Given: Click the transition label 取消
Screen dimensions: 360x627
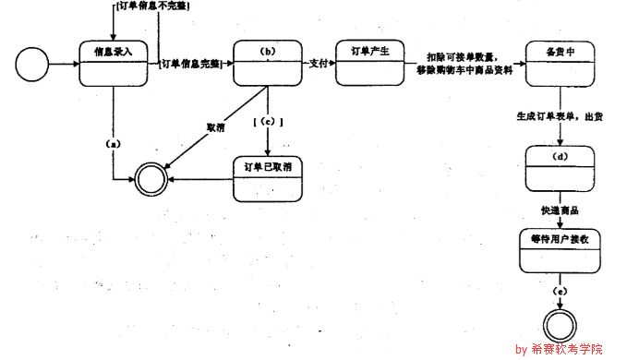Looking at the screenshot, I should pos(216,126).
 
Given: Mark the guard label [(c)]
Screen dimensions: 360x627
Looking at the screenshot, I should pos(267,121).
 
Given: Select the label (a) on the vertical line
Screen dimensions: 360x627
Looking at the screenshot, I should pos(113,144).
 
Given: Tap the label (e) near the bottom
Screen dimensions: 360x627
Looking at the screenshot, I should pos(560,292).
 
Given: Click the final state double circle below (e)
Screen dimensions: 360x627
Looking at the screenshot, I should pos(560,325).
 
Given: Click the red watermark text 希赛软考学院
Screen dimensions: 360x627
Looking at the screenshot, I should pos(567,349).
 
